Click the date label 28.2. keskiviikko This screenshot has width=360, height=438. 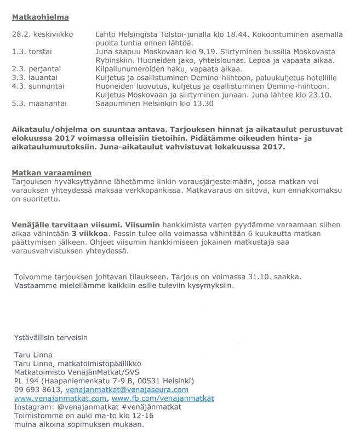43,34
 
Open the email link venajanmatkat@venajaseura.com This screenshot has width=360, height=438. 127,389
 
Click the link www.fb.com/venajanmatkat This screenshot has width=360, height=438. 163,398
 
